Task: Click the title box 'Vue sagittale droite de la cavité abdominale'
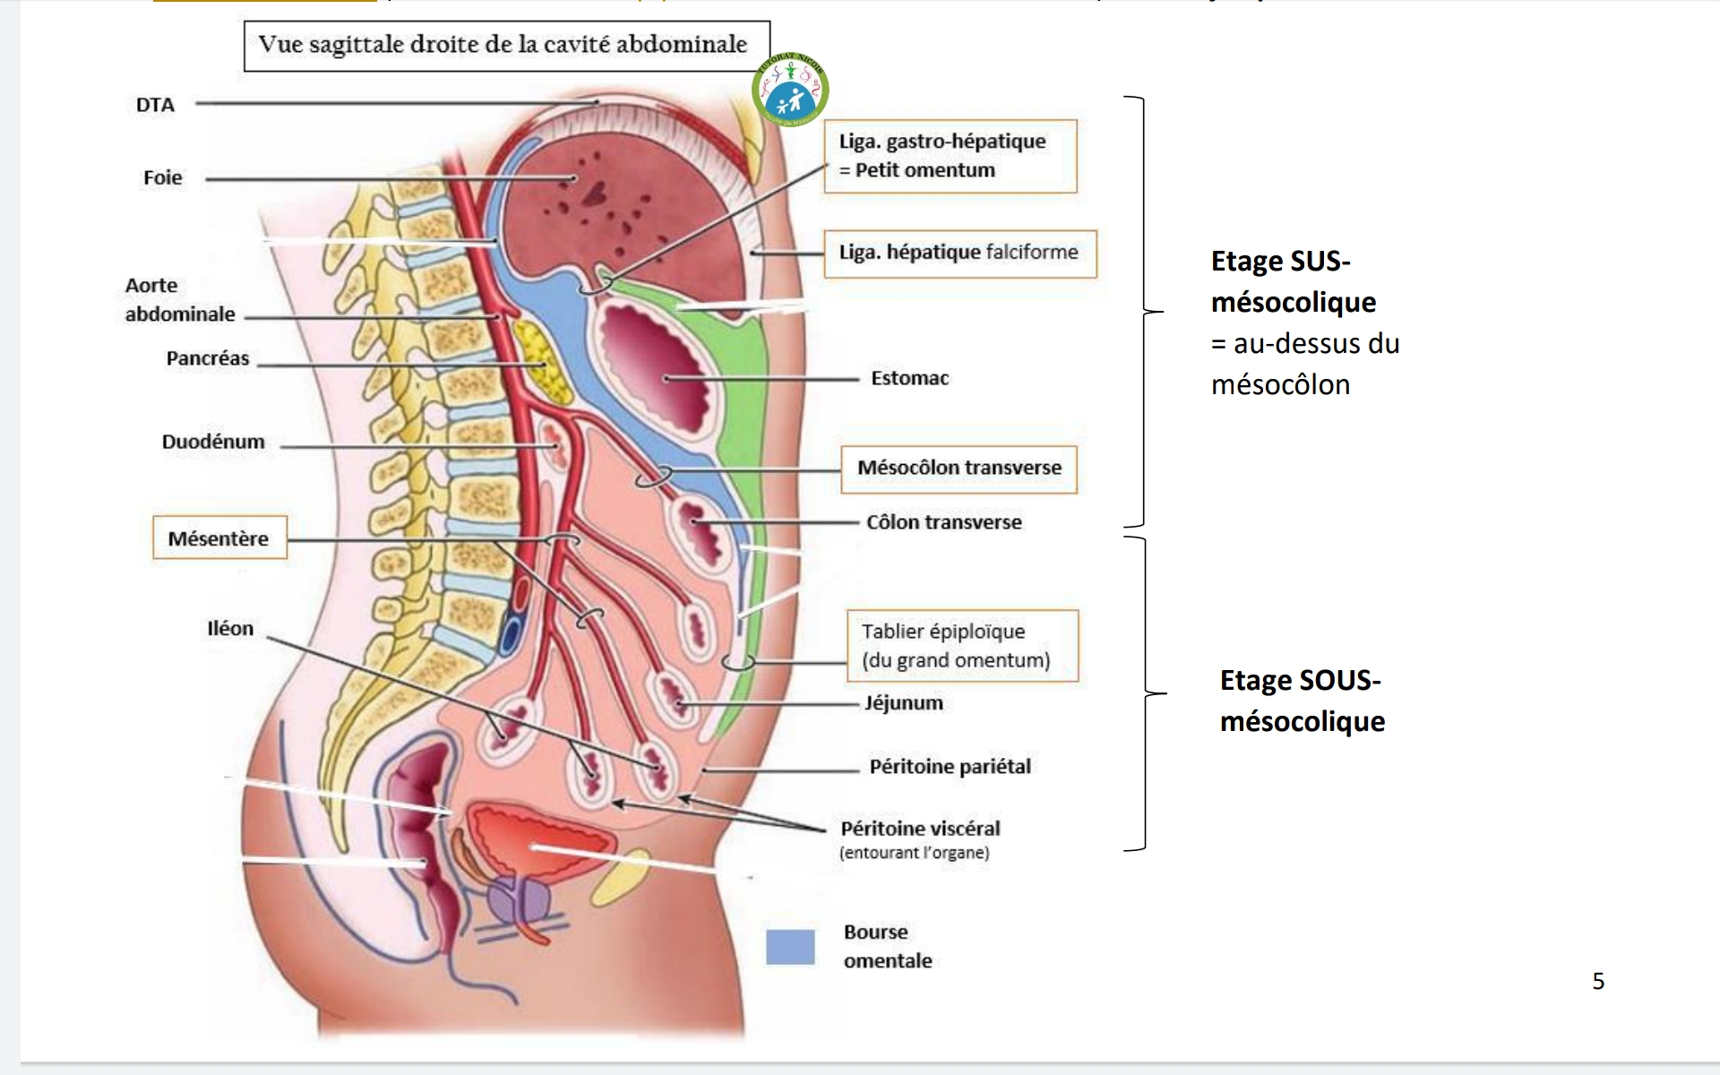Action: pyautogui.click(x=506, y=46)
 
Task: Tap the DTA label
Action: pyautogui.click(x=155, y=105)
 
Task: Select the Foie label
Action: pyautogui.click(x=162, y=177)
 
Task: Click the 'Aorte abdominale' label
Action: pyautogui.click(x=179, y=299)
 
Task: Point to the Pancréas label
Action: pyautogui.click(x=208, y=358)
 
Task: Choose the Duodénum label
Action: pyautogui.click(x=213, y=442)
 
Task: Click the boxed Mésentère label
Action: pyautogui.click(x=219, y=538)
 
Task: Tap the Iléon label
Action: pyautogui.click(x=230, y=628)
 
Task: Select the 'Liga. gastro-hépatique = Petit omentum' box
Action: pyautogui.click(x=950, y=156)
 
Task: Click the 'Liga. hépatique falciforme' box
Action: pyautogui.click(x=959, y=253)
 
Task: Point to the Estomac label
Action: pyautogui.click(x=909, y=378)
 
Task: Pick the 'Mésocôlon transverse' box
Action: pyautogui.click(x=959, y=468)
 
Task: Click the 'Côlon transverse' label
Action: pyautogui.click(x=943, y=522)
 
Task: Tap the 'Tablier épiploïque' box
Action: pyautogui.click(x=962, y=646)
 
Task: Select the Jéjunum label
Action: pyautogui.click(x=903, y=703)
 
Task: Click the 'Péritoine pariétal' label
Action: pyautogui.click(x=950, y=767)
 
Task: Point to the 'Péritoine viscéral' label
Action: pyautogui.click(x=920, y=829)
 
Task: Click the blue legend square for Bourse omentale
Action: pyautogui.click(x=790, y=947)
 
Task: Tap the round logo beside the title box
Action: pyautogui.click(x=791, y=90)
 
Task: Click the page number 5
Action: pyautogui.click(x=1598, y=981)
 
